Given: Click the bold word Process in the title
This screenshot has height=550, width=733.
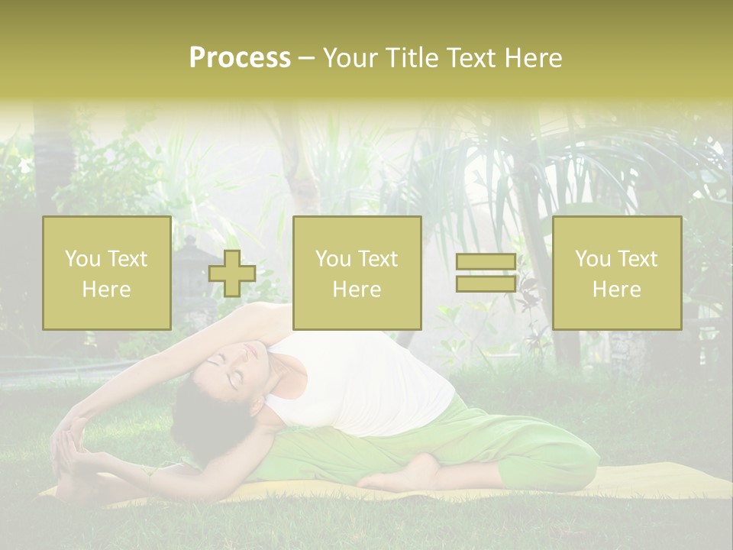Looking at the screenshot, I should [240, 58].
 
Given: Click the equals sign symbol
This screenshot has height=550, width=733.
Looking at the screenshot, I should [486, 273].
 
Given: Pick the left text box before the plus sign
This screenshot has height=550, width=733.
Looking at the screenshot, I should [106, 273].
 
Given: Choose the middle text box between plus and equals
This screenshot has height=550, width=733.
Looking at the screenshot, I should [357, 273].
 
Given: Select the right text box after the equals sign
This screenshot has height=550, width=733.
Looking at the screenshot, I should [616, 273].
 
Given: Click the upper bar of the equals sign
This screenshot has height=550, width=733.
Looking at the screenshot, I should [486, 263].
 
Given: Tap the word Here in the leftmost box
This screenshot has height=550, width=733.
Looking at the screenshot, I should [106, 290].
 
